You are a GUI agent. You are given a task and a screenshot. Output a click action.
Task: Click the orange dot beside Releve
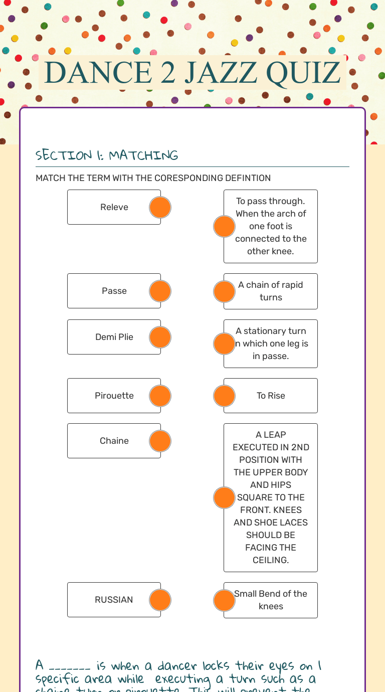click(x=160, y=207)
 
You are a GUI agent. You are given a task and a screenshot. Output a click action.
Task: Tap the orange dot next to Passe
click(x=160, y=291)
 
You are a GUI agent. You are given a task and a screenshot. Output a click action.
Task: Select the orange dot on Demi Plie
click(x=160, y=337)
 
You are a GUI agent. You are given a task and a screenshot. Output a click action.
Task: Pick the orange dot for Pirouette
click(x=160, y=396)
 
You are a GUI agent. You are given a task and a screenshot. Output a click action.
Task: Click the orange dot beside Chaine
click(x=160, y=441)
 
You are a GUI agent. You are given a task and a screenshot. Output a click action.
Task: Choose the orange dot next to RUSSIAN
click(x=160, y=600)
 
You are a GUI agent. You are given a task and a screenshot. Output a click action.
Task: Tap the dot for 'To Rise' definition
click(x=224, y=396)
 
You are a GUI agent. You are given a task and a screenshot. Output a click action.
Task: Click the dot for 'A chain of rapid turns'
click(x=224, y=291)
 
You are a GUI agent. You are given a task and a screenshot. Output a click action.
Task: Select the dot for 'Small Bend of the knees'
click(x=224, y=600)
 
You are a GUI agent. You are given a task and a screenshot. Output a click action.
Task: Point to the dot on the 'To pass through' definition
click(x=224, y=226)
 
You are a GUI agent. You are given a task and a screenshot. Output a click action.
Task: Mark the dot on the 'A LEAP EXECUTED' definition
click(x=224, y=497)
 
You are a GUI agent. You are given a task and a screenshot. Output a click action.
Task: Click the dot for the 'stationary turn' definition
click(x=224, y=343)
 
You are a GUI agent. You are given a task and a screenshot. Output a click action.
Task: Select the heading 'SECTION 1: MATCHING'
click(x=107, y=155)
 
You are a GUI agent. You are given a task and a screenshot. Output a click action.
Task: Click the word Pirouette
click(x=114, y=396)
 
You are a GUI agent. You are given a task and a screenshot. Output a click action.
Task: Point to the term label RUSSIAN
click(x=114, y=600)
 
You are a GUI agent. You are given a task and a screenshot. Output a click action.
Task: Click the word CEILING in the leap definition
click(x=271, y=560)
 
